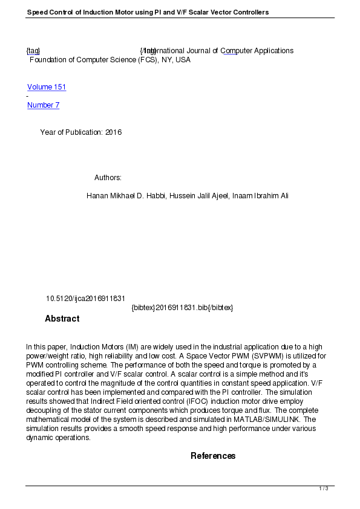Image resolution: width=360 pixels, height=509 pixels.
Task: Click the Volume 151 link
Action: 47,87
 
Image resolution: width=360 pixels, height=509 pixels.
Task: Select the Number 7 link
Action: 43,105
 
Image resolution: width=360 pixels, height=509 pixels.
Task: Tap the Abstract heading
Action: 62,319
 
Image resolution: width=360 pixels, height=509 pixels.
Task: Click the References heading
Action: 213,456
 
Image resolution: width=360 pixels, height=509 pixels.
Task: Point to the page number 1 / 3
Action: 324,488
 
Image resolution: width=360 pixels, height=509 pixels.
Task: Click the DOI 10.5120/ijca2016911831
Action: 85,299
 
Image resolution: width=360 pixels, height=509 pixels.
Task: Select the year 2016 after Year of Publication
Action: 113,132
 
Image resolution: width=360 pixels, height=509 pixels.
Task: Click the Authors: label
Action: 108,178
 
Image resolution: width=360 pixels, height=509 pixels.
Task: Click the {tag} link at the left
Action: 33,51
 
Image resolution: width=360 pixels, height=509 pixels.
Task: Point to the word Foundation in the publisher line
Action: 48,60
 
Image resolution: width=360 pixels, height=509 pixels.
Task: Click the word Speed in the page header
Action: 37,12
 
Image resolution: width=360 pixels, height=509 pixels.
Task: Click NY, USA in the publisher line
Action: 175,60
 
